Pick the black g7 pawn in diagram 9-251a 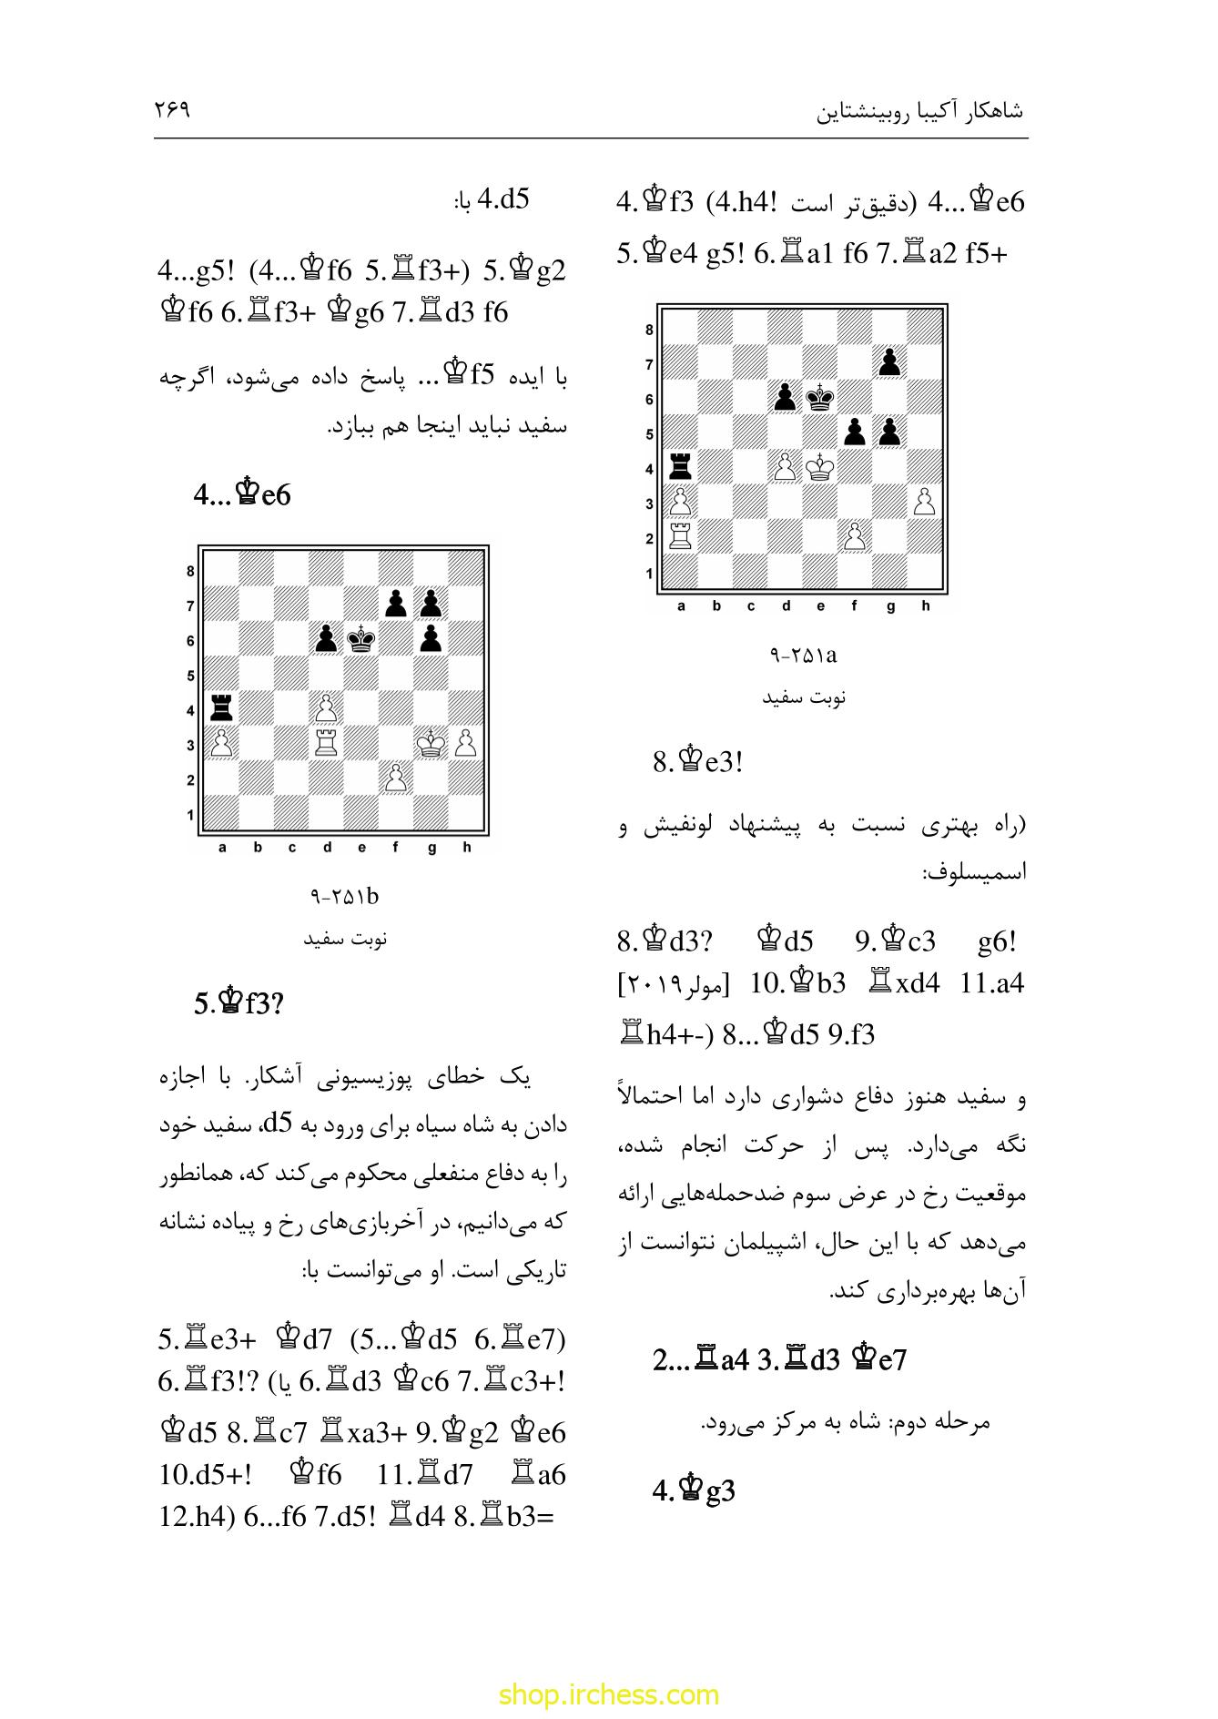click(890, 362)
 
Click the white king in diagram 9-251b click(431, 744)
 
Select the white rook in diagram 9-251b click(326, 744)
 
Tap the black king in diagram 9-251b click(361, 640)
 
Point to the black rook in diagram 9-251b click(220, 708)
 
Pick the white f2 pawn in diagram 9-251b click(396, 778)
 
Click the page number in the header click(172, 110)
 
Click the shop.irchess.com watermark click(609, 1694)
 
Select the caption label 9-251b click(344, 897)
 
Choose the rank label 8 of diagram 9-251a click(649, 330)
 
